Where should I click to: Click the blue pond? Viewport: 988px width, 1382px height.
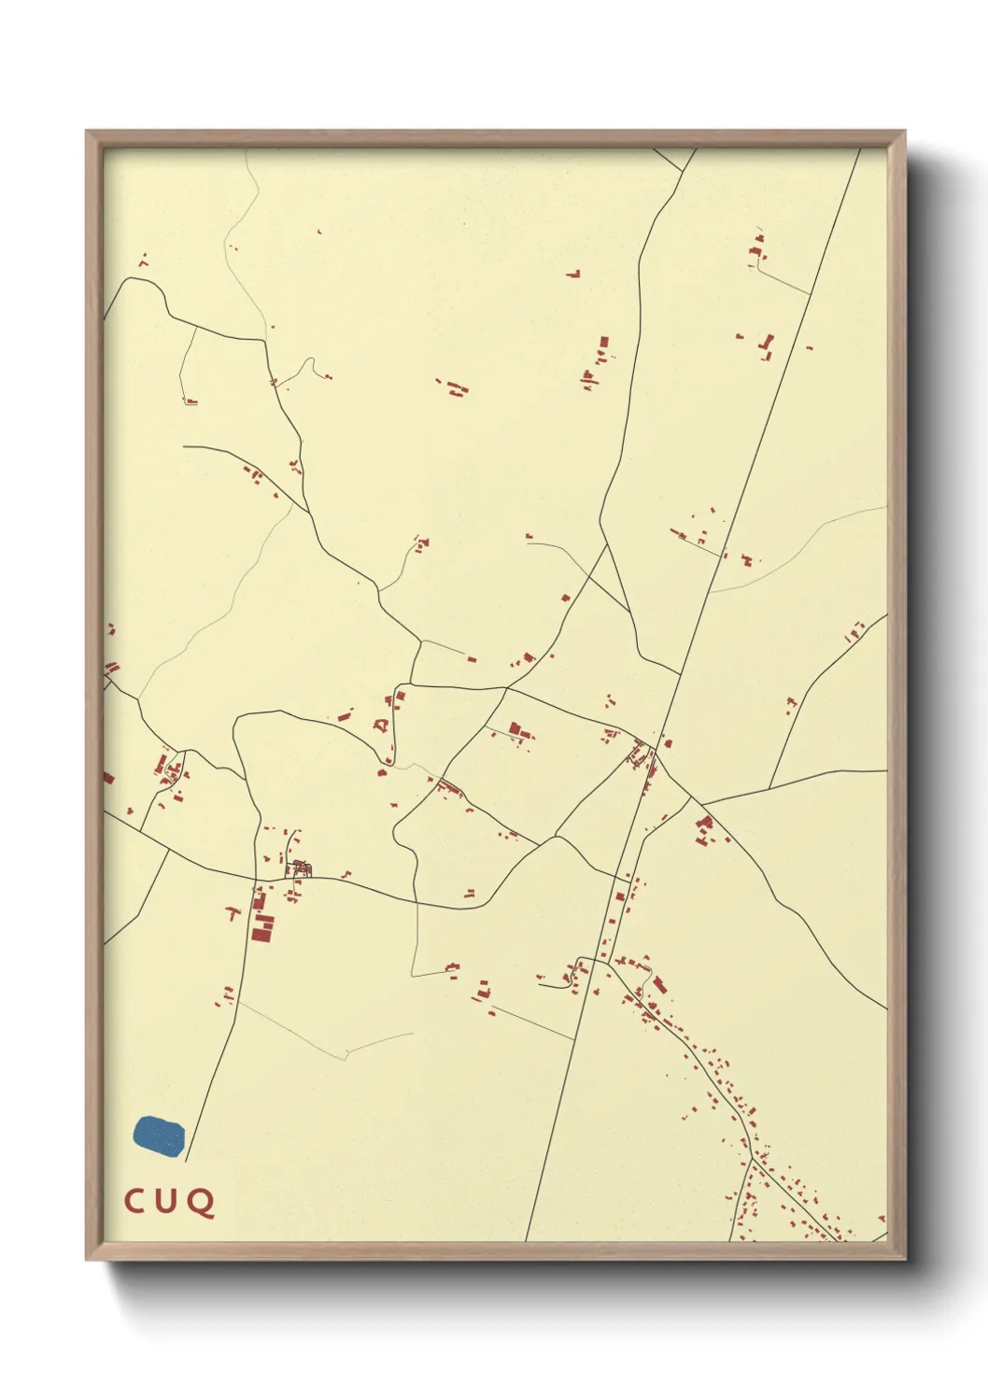click(x=159, y=1135)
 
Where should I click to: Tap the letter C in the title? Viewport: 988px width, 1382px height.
click(x=134, y=1202)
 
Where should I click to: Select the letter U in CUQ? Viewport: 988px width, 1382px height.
click(x=166, y=1202)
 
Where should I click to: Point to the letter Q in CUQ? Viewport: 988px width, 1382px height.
click(x=201, y=1203)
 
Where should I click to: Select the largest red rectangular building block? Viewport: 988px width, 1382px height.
click(x=262, y=928)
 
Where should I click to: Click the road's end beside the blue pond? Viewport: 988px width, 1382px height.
click(x=186, y=1161)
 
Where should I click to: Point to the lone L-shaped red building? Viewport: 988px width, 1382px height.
click(x=573, y=274)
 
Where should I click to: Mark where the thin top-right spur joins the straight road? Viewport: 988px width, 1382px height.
click(x=809, y=294)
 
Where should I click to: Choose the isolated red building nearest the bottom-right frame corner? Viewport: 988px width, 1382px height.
click(x=880, y=1219)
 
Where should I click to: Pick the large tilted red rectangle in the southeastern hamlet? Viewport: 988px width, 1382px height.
click(x=659, y=984)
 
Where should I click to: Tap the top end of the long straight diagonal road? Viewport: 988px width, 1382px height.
click(x=859, y=149)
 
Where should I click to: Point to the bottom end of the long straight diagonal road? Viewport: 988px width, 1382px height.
click(x=527, y=1240)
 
